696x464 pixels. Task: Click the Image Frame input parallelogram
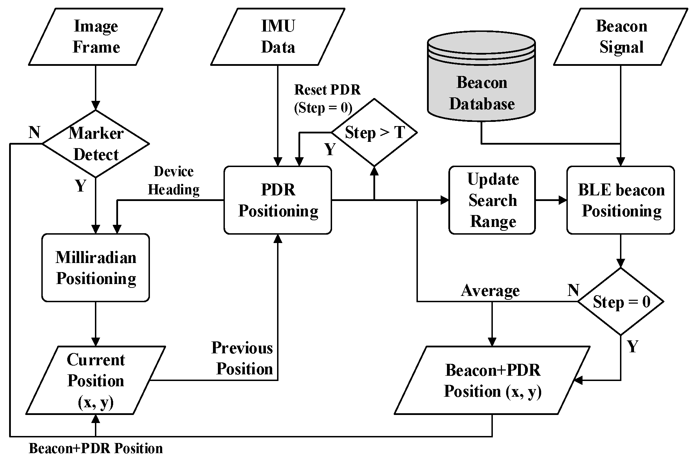[x=96, y=37]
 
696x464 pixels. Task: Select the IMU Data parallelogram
[x=278, y=37]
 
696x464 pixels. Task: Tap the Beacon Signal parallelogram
[x=621, y=37]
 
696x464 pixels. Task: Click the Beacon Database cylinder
[x=481, y=81]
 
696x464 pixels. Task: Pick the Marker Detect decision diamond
[x=96, y=144]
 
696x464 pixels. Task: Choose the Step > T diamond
[x=374, y=133]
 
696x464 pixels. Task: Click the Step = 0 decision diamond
[x=621, y=302]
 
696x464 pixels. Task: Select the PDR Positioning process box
[x=278, y=200]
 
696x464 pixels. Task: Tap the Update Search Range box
[x=492, y=200]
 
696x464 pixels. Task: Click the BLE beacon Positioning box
[x=621, y=200]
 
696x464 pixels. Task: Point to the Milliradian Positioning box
[x=96, y=268]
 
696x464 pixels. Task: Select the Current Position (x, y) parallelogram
[x=96, y=380]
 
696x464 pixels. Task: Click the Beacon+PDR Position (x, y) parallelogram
[x=492, y=380]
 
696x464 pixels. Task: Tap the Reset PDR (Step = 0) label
[x=326, y=99]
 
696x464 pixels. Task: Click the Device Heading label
[x=174, y=180]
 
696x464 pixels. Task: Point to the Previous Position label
[x=243, y=358]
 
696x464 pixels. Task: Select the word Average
[x=490, y=290]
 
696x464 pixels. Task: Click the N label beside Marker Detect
[x=34, y=133]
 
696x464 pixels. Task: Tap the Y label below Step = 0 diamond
[x=633, y=346]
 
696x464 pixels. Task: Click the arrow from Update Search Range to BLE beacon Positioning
[x=551, y=200]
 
